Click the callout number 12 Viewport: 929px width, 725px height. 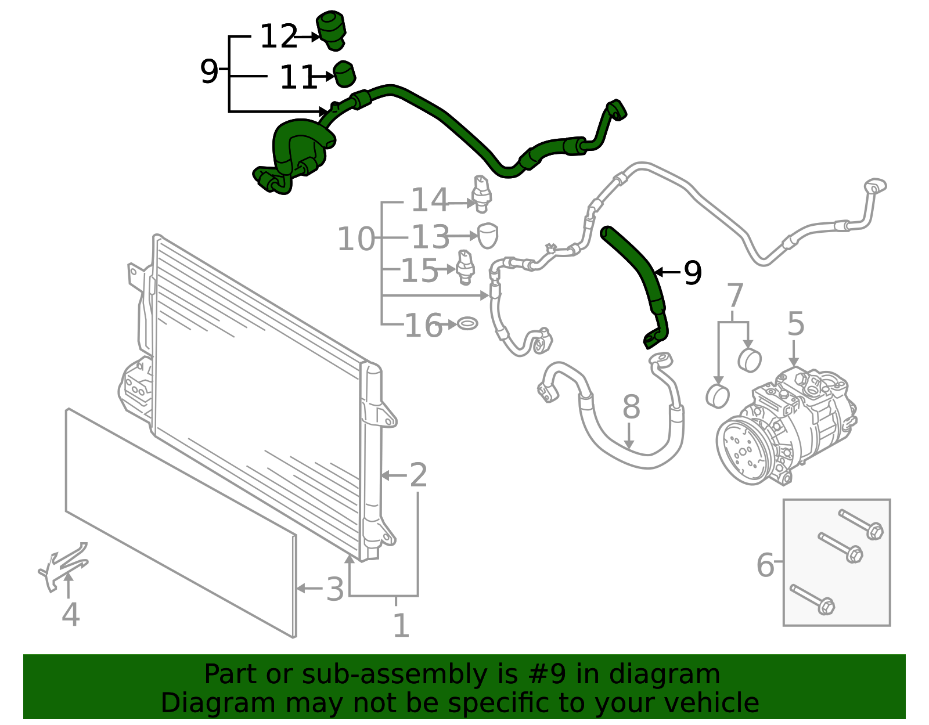click(278, 37)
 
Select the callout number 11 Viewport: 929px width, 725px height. click(298, 77)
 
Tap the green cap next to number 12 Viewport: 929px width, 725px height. click(331, 30)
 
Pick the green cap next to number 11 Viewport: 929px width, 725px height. click(344, 74)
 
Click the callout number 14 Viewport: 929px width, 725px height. click(429, 200)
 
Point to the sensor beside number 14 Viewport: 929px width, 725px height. click(481, 193)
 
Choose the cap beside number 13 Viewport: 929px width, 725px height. click(487, 235)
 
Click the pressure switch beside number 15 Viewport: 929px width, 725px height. click(466, 266)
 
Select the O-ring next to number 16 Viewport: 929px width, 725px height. click(467, 323)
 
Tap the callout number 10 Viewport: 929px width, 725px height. click(356, 239)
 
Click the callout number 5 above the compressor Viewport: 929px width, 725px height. click(795, 323)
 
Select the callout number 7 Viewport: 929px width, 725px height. click(734, 295)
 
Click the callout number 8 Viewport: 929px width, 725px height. click(631, 407)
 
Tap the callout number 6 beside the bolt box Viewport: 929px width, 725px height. click(765, 564)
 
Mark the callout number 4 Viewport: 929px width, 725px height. click(71, 614)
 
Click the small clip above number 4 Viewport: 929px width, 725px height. click(64, 565)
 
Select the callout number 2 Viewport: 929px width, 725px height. click(418, 475)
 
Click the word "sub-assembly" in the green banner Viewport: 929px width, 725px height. click(394, 674)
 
